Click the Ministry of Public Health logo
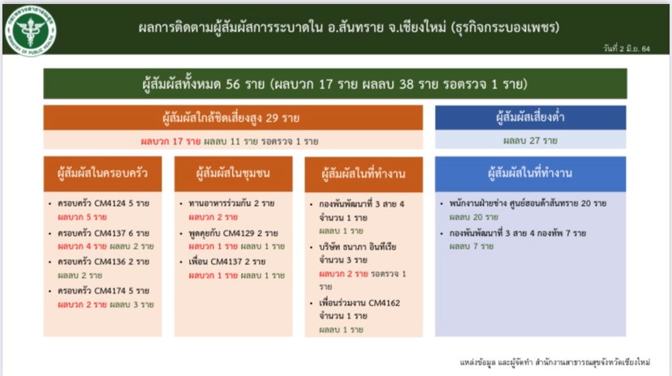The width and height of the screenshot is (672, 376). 31,30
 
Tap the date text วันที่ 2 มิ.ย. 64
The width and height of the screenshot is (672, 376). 626,49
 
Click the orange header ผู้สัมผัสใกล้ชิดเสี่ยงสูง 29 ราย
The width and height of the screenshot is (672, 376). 233,117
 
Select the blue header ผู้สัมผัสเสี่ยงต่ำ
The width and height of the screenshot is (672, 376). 530,117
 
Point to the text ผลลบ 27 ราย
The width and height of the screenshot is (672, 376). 530,140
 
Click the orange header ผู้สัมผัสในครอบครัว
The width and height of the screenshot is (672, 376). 102,173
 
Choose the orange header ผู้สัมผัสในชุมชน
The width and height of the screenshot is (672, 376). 233,173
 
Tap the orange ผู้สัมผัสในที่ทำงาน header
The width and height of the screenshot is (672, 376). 364,174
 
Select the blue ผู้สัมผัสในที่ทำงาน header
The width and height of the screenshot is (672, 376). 530,173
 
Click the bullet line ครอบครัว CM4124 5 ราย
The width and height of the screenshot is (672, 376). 103,203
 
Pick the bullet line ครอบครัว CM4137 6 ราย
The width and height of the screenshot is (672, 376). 103,233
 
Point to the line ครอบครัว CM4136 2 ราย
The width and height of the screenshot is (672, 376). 103,262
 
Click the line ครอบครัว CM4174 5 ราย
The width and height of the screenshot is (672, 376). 103,291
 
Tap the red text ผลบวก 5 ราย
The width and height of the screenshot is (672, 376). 82,217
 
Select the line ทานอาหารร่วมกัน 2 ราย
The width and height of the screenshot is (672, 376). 231,203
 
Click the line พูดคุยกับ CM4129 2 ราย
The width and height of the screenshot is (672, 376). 233,233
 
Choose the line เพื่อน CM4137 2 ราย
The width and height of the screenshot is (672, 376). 227,262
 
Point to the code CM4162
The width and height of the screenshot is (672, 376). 384,303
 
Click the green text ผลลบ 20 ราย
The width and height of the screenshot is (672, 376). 474,217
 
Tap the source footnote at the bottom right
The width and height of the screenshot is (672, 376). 555,362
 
